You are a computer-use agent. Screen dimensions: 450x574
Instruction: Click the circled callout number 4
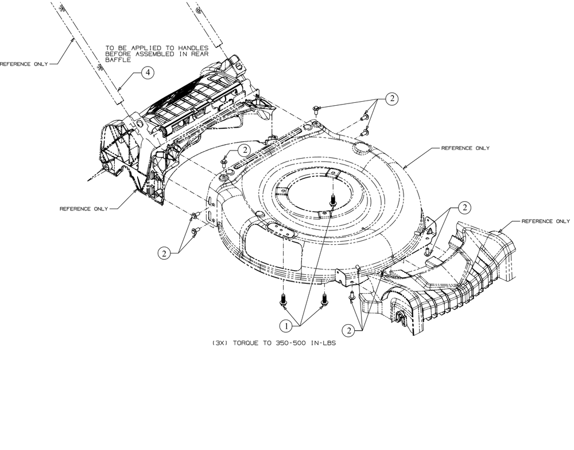(148, 72)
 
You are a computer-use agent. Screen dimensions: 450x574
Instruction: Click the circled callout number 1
(285, 325)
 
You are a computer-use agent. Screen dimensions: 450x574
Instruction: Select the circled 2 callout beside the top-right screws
(392, 99)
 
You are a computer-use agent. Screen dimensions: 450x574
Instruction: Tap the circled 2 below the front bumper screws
(348, 330)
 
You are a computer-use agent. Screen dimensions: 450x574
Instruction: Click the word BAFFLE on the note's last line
(119, 60)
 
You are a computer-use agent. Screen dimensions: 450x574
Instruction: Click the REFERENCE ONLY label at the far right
(545, 221)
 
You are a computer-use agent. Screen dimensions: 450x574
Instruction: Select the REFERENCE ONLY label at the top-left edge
(24, 64)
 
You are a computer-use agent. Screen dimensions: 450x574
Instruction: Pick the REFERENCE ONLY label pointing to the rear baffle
(84, 209)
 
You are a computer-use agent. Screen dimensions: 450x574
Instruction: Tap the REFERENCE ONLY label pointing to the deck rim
(465, 148)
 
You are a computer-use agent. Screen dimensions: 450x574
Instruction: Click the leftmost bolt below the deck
(283, 299)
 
